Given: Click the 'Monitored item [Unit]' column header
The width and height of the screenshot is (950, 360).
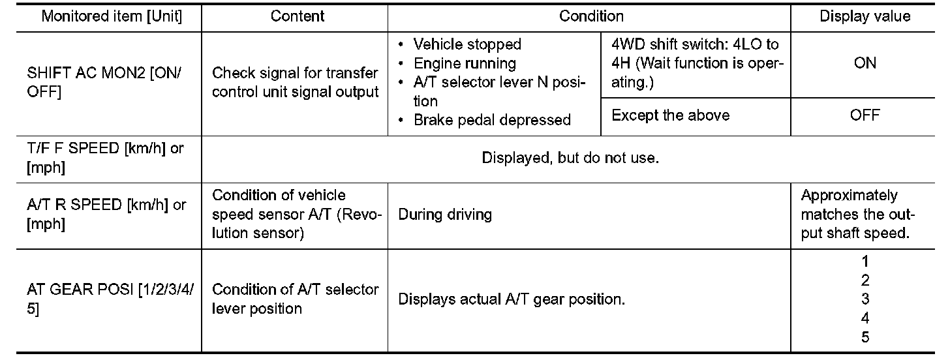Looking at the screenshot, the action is pos(112,16).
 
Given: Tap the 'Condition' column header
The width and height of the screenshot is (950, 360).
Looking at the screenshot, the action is pos(591,16).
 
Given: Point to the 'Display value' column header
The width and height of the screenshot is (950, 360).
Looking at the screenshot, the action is pos(865,16).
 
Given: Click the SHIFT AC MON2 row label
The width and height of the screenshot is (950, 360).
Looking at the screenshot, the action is pos(105,83).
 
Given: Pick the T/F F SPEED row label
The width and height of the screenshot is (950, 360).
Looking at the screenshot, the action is pos(105,157).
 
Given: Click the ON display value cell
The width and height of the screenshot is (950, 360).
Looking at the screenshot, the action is pos(865,63).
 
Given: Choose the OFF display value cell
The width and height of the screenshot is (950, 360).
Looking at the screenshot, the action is pos(865,115).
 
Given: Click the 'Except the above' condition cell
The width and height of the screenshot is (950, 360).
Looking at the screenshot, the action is pos(671,115).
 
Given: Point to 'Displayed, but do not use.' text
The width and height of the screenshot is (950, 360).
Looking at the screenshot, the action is pos(570,158).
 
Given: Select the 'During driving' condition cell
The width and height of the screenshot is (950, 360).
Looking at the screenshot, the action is pos(445,214).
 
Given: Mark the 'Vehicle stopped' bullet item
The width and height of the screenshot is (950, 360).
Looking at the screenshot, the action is pos(467,44).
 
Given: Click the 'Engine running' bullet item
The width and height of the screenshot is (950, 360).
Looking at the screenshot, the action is pos(465,63).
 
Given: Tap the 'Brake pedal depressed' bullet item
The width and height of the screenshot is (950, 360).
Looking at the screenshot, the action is pos(492,120).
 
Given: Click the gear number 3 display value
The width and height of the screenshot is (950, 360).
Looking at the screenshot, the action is pos(865,299).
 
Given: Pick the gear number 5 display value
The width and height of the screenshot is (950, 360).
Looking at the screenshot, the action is pos(865,337).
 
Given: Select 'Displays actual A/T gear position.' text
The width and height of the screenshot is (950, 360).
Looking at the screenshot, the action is pos(512,299).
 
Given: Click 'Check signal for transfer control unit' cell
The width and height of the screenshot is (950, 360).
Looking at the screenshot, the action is pos(296,83).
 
